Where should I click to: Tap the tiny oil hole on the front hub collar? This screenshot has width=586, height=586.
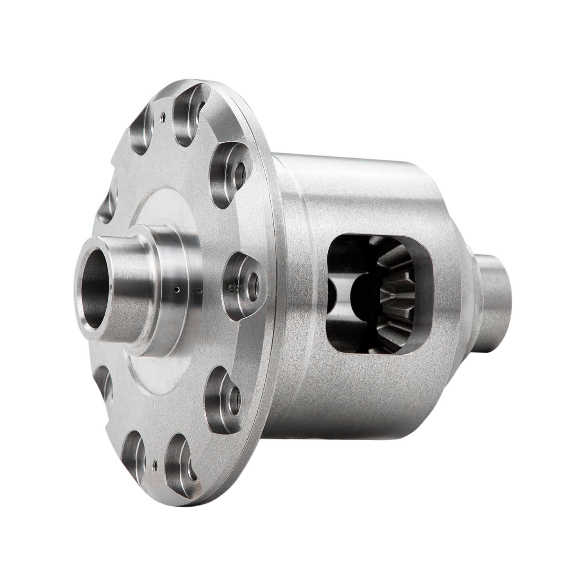pos(177,289)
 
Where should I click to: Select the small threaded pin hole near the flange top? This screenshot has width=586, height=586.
pos(163,115)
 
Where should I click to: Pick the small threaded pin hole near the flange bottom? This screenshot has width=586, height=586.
pos(155,464)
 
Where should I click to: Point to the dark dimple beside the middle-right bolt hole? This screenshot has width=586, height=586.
pos(234,288)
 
